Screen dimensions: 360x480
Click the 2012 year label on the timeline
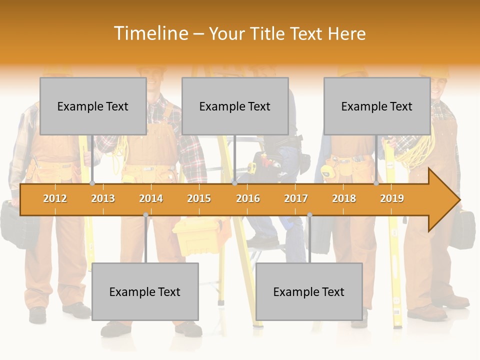(x=55, y=198)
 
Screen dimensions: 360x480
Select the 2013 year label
(x=103, y=198)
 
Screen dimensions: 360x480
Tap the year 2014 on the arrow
(x=151, y=198)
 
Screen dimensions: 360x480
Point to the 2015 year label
(x=199, y=198)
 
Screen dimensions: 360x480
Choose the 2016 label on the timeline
(x=248, y=198)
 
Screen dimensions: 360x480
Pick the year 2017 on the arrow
(x=296, y=198)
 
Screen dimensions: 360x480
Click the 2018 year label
(x=344, y=198)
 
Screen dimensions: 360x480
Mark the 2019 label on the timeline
(x=392, y=198)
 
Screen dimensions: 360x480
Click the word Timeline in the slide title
(x=150, y=33)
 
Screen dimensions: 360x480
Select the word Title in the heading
(x=270, y=33)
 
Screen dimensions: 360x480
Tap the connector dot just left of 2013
(x=92, y=183)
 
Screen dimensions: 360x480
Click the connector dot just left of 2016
(x=234, y=183)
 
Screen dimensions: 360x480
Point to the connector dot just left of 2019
(x=376, y=183)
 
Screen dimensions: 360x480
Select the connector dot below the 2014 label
(x=145, y=215)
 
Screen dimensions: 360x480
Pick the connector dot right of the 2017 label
(x=309, y=215)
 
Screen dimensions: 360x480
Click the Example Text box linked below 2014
(x=145, y=291)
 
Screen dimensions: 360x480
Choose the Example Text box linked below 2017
(x=309, y=291)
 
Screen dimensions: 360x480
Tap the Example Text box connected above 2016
(x=235, y=106)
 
